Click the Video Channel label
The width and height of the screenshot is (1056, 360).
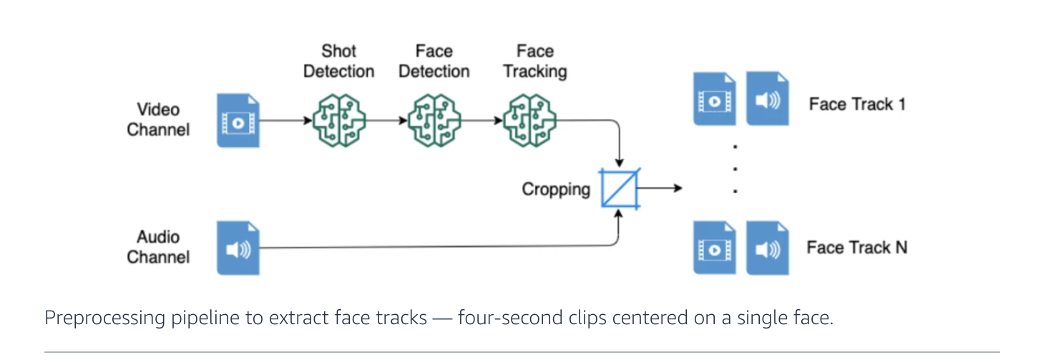coord(158,120)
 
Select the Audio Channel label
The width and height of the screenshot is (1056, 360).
coord(158,247)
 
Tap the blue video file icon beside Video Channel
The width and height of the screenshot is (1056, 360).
coord(238,120)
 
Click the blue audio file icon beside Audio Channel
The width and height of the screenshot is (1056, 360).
coord(238,248)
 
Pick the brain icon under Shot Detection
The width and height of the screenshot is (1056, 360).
coord(338,120)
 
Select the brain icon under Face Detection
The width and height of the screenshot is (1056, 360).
coord(434,120)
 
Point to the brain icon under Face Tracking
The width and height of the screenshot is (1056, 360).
coord(529,120)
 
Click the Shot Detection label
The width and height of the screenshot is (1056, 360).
coord(338,62)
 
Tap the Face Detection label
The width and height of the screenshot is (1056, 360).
coord(434,62)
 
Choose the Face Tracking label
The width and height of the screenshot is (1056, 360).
coord(534,62)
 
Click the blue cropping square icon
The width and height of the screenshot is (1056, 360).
coord(620,188)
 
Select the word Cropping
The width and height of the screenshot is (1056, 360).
coord(556,190)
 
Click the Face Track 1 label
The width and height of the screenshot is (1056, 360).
coord(857,104)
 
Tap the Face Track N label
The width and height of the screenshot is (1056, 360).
coord(857,248)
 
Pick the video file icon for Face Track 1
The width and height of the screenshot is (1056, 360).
coord(714,99)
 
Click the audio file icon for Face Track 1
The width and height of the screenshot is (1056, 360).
coord(768,99)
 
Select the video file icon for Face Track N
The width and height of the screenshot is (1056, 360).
coord(714,248)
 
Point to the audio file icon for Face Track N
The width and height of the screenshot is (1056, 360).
coord(768,248)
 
